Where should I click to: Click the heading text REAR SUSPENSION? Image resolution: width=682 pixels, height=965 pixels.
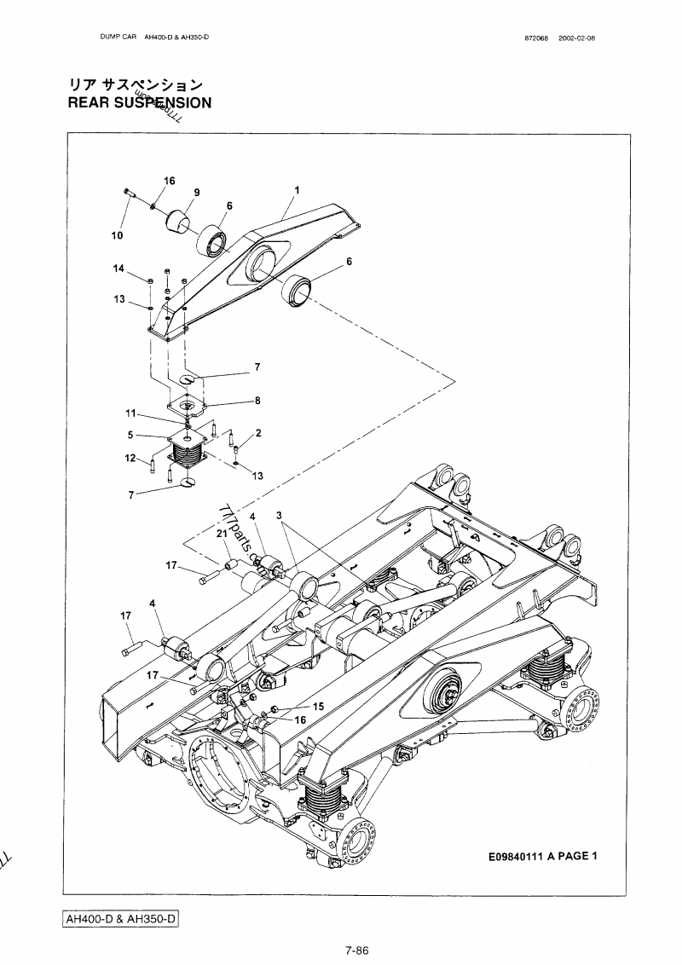pos(139,103)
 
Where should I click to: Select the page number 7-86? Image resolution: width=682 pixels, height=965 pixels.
pos(356,951)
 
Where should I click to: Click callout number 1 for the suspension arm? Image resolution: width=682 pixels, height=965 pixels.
pos(297,188)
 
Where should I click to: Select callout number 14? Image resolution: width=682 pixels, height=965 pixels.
pos(119,269)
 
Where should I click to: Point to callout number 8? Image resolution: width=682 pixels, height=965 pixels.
pos(257,400)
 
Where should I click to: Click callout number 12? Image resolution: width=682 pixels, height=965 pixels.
pos(130,459)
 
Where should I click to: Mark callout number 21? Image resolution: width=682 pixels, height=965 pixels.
pos(220,534)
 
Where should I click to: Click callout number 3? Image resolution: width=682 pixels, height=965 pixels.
pos(279,516)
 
